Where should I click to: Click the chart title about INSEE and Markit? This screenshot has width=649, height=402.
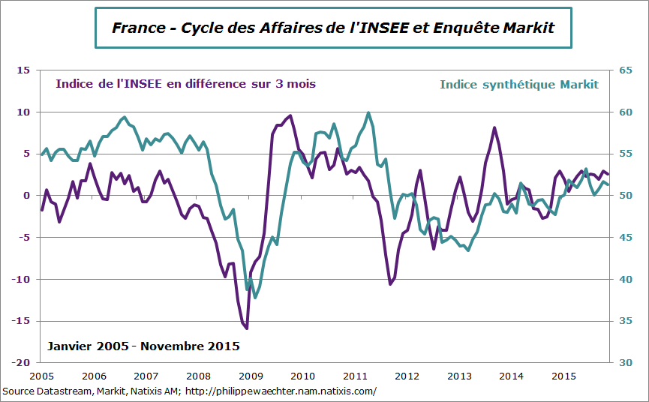[x=332, y=28]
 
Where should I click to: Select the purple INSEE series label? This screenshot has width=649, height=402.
[x=185, y=84]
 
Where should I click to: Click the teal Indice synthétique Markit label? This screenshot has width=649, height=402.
[x=519, y=85]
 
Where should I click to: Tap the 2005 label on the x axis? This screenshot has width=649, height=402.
[x=41, y=376]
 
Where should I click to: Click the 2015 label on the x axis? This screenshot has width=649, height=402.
[x=563, y=376]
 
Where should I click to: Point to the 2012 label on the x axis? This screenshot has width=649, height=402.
[x=407, y=376]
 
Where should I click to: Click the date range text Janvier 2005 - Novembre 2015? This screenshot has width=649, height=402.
[x=143, y=346]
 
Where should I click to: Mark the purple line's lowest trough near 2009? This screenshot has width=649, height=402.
[x=246, y=328]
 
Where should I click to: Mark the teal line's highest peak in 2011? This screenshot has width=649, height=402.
[x=368, y=113]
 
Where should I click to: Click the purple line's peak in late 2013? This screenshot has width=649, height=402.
[x=494, y=127]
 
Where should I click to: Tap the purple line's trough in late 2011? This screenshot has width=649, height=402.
[x=390, y=284]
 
